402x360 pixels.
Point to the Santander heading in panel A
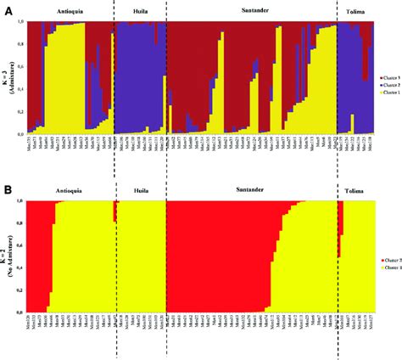point(250,14)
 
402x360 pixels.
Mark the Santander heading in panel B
point(250,193)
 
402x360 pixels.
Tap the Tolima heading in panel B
point(354,193)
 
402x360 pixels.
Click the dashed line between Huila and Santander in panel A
point(166,76)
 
